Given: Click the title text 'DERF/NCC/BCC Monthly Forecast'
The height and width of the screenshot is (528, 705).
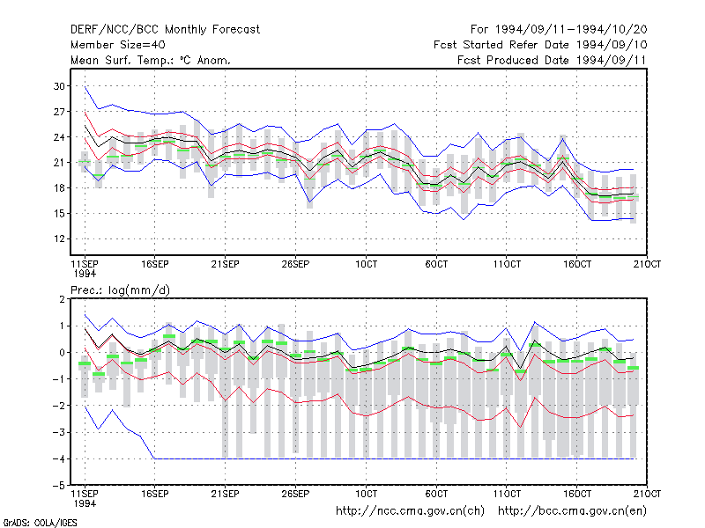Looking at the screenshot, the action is [x=165, y=30].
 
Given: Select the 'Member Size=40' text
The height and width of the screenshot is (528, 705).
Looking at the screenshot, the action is [x=118, y=45].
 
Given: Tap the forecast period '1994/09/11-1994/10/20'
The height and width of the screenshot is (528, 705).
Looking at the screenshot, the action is [x=571, y=30].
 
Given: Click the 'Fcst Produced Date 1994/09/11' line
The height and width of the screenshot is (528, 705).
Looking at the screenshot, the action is [x=552, y=60].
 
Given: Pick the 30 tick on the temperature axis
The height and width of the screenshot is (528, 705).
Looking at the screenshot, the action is [x=59, y=86].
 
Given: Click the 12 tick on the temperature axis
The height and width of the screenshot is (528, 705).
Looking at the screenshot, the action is [x=59, y=238].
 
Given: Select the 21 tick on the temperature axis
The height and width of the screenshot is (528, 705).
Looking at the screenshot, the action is [x=59, y=163].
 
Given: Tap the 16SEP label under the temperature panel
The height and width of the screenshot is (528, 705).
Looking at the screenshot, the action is [x=155, y=264].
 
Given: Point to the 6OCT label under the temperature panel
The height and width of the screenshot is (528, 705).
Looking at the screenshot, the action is [x=436, y=264].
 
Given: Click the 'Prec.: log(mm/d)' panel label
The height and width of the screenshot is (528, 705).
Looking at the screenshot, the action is [x=120, y=290].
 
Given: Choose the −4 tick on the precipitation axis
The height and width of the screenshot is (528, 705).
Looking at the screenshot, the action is [x=58, y=458].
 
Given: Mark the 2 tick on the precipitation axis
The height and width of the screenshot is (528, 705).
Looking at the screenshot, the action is [x=62, y=299].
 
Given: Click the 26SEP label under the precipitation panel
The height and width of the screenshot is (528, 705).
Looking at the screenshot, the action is [x=295, y=494].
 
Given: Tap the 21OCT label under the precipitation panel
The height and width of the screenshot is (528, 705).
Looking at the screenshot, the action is [x=647, y=494].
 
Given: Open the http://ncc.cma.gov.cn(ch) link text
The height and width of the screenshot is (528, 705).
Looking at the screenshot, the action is [x=410, y=511].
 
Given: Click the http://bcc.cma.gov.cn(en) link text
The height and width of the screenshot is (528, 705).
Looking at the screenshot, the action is [x=572, y=511].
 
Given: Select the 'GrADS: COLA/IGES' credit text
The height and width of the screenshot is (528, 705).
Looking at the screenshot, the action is [x=40, y=523].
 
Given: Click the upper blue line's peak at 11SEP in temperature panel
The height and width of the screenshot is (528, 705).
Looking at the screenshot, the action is [x=85, y=86].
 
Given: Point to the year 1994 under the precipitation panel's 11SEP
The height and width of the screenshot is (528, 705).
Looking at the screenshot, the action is [x=85, y=503].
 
